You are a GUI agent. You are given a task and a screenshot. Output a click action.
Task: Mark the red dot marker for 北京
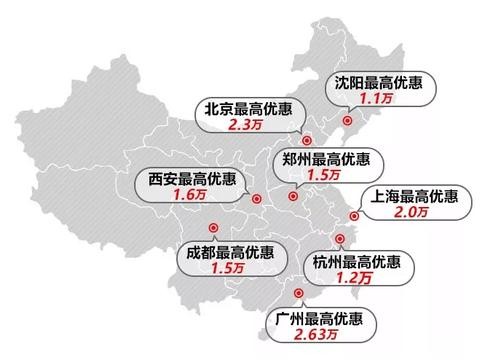pos(307,141)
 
